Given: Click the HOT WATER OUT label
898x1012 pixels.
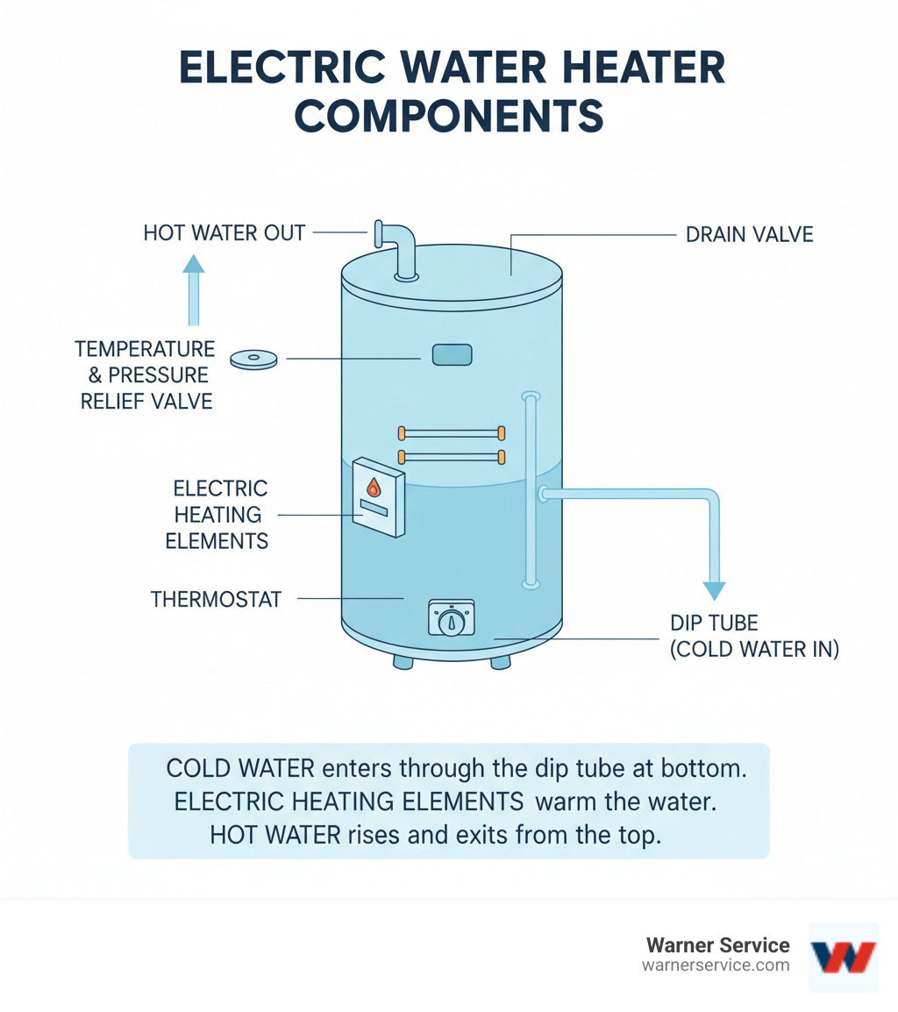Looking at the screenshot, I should coord(224,233).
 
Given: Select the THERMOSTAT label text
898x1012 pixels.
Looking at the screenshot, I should coord(216,599).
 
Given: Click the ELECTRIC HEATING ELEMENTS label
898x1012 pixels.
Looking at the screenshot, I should coord(217,515).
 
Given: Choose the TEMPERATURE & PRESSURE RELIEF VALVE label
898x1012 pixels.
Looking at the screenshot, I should coord(145,375).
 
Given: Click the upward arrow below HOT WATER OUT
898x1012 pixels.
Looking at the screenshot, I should coord(193,289).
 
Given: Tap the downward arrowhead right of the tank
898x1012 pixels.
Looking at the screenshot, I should coord(716,590).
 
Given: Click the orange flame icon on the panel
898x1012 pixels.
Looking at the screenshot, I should coord(374,488).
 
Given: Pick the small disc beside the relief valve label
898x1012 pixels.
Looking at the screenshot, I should coord(253,359).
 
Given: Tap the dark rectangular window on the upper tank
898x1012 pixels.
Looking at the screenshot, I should coord(452,354).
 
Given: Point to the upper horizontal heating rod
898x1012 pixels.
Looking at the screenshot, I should coord(451,433).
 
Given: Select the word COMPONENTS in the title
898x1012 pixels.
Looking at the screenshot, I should coord(449,117).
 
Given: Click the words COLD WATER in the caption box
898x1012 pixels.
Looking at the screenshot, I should coord(239,768).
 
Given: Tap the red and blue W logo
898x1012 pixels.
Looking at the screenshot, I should coord(843,955).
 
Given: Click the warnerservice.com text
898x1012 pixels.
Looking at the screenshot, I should coord(716,966).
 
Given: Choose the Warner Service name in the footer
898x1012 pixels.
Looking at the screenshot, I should coord(717,945).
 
